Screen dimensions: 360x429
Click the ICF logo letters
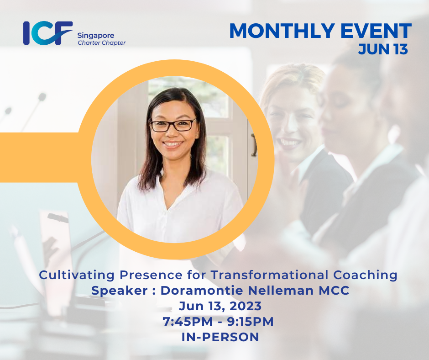pyautogui.click(x=47, y=33)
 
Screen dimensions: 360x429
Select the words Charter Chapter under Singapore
pyautogui.click(x=101, y=43)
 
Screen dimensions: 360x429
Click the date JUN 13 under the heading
pyautogui.click(x=382, y=49)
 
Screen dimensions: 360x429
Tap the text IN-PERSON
pyautogui.click(x=214, y=337)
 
